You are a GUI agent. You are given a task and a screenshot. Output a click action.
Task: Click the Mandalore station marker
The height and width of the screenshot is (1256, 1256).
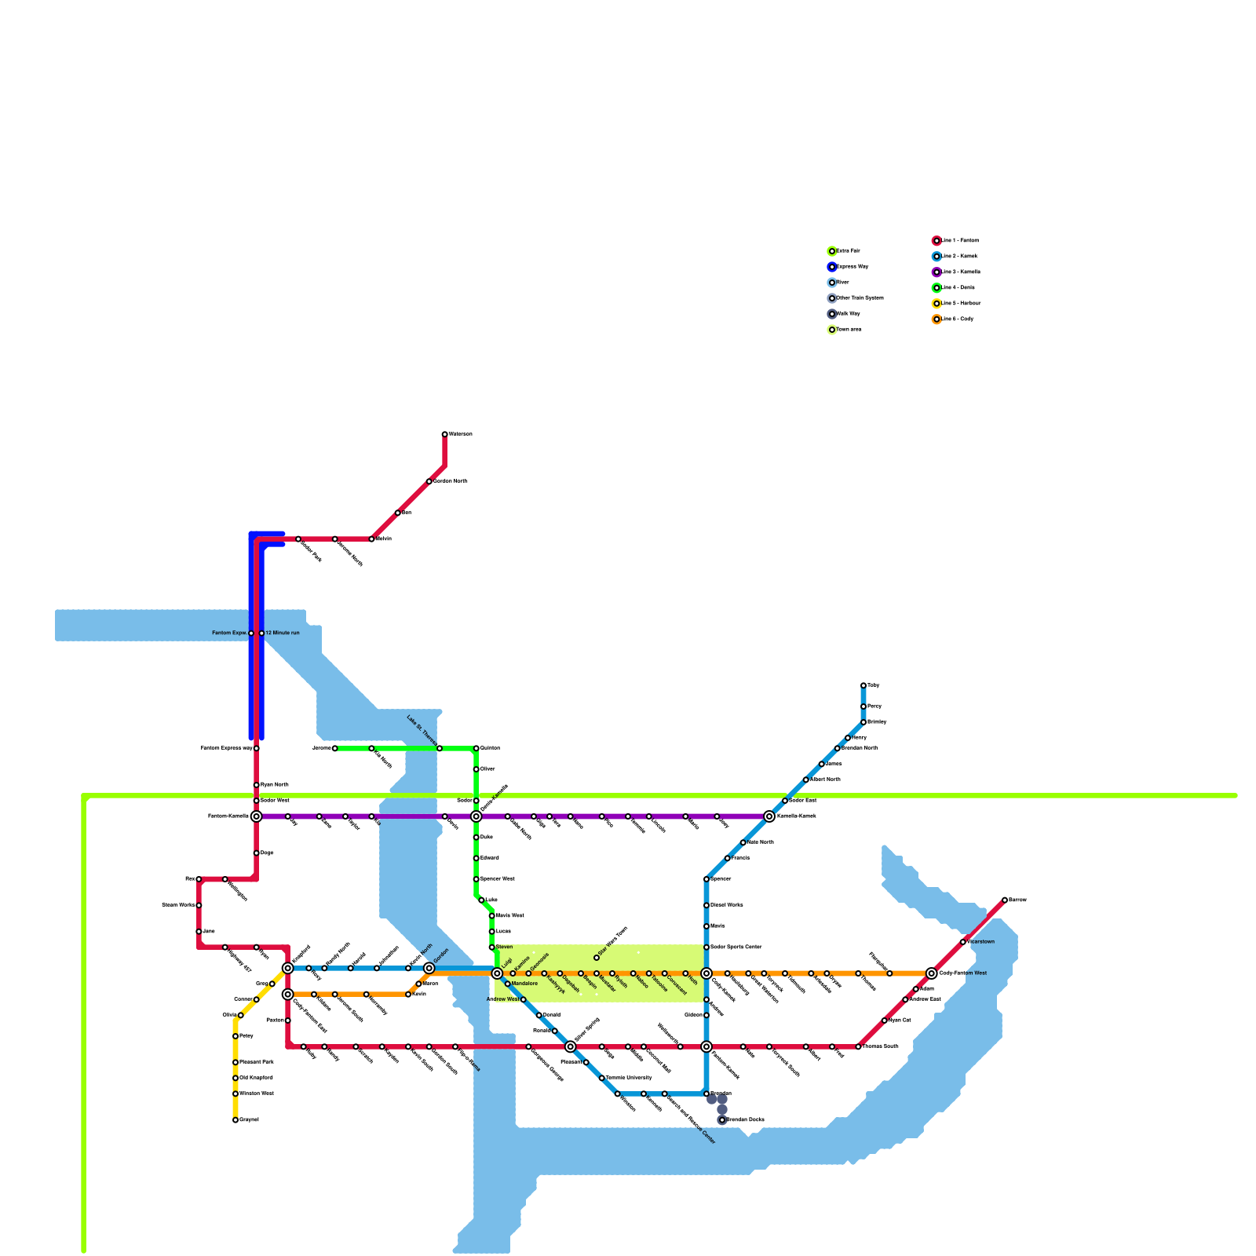coord(508,984)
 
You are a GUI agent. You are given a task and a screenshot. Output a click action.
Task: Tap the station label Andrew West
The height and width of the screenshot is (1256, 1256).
coord(502,999)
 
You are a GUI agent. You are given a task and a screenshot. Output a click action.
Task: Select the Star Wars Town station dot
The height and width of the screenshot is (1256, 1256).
coord(597,958)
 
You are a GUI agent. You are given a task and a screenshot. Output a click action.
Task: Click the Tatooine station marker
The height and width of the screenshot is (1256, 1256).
coord(649,973)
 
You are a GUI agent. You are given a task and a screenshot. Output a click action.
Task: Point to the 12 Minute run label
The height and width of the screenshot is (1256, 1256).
coord(283,633)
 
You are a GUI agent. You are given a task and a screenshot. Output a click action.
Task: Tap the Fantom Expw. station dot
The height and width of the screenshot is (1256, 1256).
coord(251,633)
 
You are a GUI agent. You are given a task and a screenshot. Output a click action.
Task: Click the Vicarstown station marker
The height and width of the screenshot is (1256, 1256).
coord(963,942)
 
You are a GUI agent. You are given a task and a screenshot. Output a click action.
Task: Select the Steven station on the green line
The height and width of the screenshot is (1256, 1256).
coord(492,947)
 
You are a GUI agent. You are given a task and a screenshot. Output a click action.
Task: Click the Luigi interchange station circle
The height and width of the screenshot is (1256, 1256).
coord(497,973)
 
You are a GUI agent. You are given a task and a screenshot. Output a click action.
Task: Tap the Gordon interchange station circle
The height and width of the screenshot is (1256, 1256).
coord(429,968)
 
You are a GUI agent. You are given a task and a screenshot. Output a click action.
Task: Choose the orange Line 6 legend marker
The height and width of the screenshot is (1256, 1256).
coord(937,319)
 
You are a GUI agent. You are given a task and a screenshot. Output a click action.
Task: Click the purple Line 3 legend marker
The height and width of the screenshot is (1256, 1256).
coord(937,272)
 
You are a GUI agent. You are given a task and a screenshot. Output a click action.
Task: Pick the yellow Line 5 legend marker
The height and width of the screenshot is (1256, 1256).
coord(937,304)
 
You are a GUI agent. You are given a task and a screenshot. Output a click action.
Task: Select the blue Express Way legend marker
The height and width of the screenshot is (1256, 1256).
coord(832,267)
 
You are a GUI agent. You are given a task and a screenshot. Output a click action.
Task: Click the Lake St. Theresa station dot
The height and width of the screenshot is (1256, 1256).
coord(440,748)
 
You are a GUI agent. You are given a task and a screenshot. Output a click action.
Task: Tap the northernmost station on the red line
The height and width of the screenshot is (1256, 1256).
coord(445,434)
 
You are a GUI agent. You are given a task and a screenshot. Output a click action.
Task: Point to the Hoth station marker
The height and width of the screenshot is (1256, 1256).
coord(685,973)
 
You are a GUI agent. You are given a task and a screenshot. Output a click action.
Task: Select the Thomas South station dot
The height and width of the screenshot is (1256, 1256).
coord(858,1046)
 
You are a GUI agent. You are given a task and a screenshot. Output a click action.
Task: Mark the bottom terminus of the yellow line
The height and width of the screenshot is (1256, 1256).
coord(235,1120)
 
